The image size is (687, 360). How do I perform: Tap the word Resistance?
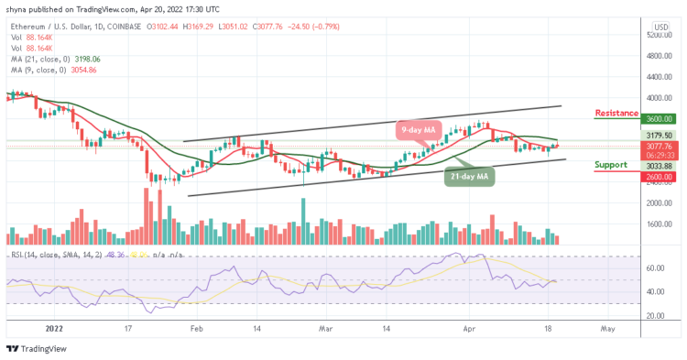[x=616, y=114]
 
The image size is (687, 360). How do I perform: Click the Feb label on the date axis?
[x=197, y=325]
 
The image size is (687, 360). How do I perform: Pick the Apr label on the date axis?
[x=470, y=325]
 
